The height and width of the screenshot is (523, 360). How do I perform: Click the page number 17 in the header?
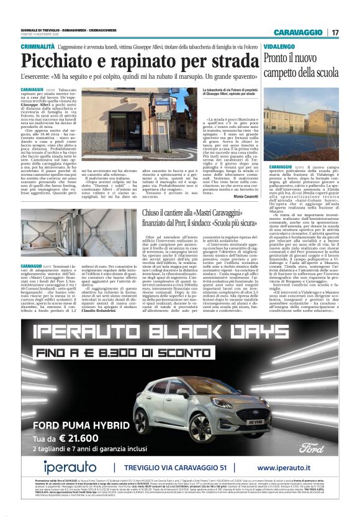click(334, 32)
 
